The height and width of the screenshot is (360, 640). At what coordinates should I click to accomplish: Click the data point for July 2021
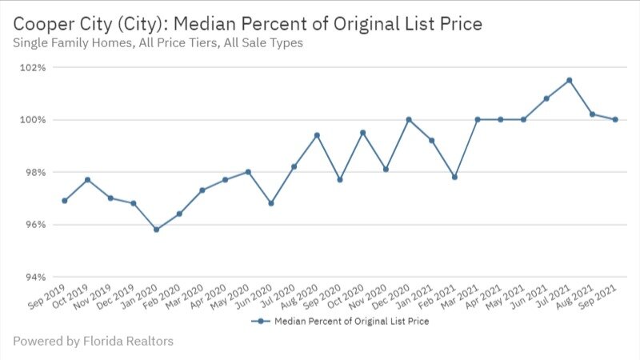569,80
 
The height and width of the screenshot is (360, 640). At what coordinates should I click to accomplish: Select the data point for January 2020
156,230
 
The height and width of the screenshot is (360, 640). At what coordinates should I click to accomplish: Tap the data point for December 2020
409,120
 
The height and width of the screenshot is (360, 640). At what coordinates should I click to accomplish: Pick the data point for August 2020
317,135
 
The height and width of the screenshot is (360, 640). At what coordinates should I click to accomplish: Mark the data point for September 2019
64,201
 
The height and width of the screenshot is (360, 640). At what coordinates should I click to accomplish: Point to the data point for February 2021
454,177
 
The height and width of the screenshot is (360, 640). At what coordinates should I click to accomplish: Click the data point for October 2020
362,133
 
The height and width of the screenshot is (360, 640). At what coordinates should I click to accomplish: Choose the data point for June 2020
271,203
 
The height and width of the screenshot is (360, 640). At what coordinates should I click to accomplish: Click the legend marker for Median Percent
260,322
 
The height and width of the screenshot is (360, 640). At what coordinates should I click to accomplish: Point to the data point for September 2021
615,120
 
